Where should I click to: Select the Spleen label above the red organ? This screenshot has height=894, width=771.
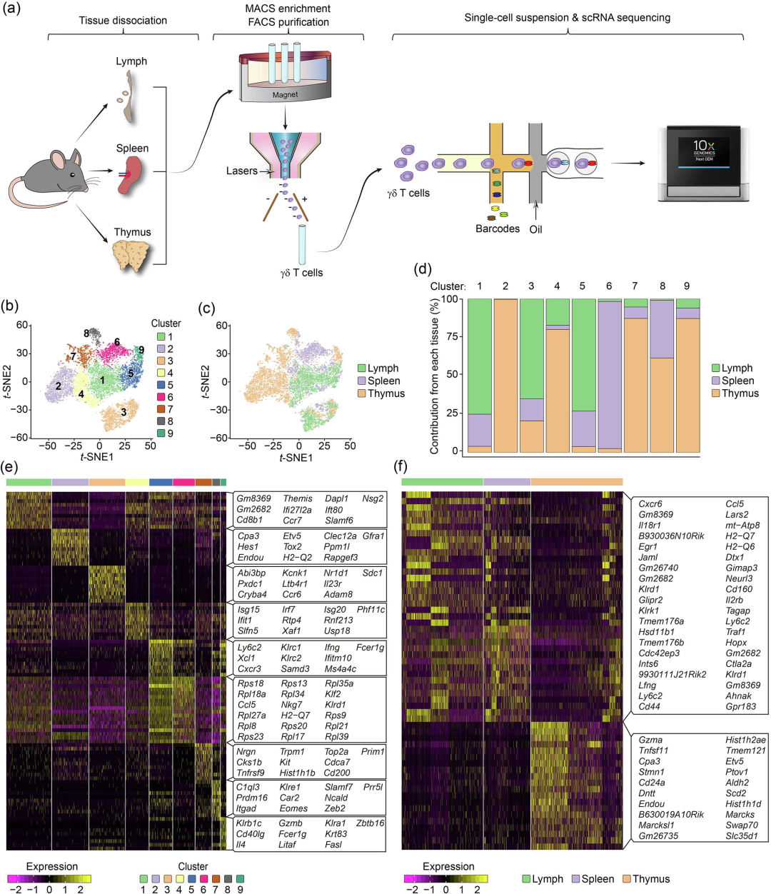133,149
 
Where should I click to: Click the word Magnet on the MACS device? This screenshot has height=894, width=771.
285,94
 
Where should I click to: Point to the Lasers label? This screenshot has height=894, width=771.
241,171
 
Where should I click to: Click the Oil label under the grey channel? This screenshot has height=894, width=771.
535,229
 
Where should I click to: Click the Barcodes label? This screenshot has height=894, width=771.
498,229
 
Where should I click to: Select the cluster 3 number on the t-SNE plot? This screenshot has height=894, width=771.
124,412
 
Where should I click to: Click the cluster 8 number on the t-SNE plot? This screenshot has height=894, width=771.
86,333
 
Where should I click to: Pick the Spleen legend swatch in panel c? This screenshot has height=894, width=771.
361,381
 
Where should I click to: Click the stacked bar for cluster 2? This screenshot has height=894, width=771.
505,376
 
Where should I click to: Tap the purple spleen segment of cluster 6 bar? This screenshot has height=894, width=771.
609,375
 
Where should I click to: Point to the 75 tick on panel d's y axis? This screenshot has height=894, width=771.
452,337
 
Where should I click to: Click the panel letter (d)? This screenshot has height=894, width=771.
423,269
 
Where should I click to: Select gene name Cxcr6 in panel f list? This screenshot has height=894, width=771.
650,504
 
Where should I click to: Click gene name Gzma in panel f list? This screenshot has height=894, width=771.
650,740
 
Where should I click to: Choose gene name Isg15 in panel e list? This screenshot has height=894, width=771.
249,610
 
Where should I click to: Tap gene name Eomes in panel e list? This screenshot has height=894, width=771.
294,808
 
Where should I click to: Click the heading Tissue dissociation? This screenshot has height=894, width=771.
124,21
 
